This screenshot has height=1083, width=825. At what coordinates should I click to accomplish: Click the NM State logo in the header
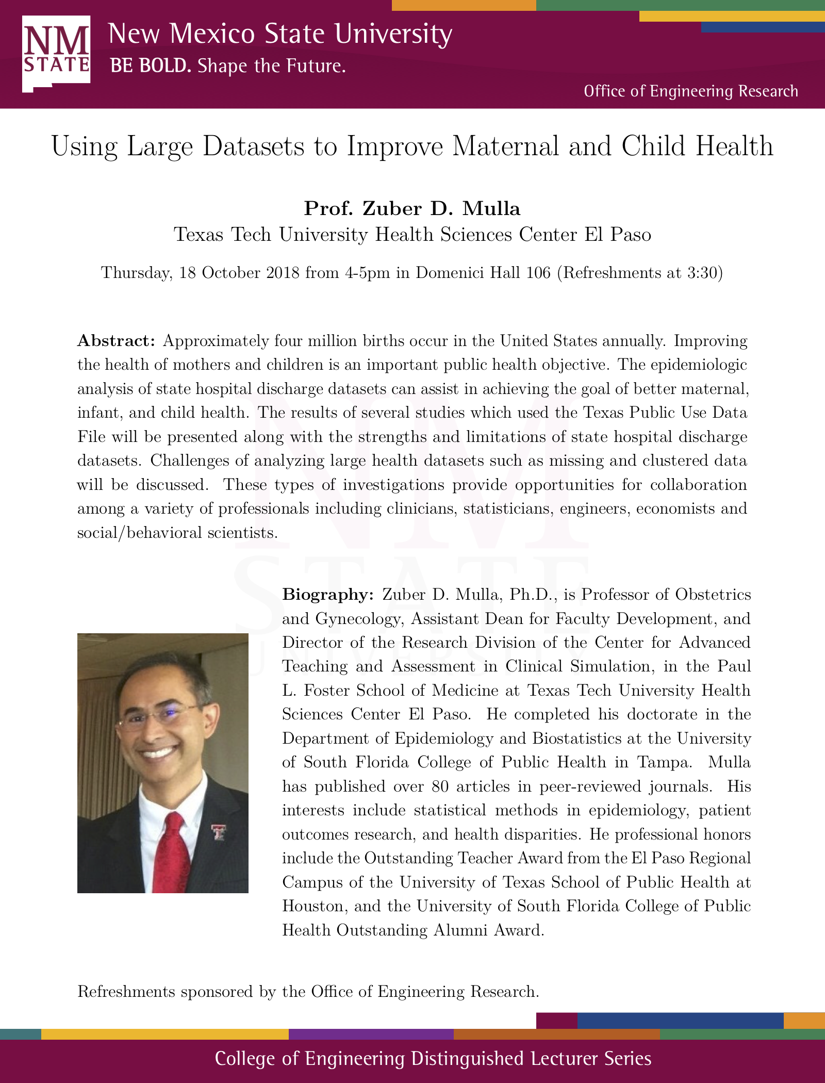[x=56, y=53]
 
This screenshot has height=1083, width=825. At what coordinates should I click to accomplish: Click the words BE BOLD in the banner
[x=150, y=66]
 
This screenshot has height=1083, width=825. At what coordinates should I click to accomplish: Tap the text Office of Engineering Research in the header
[x=690, y=91]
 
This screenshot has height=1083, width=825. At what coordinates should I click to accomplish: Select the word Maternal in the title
[x=505, y=146]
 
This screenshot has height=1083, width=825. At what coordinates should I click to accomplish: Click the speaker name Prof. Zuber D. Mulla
[x=412, y=208]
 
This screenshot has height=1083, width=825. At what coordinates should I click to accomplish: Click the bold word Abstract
[x=115, y=341]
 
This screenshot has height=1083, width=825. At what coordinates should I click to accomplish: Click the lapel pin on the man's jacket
[x=219, y=831]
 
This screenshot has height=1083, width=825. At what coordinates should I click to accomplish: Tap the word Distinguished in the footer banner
[x=467, y=1058]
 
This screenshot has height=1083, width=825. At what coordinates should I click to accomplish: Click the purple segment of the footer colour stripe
[x=371, y=1034]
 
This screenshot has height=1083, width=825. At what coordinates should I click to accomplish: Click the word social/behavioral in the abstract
[x=139, y=533]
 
